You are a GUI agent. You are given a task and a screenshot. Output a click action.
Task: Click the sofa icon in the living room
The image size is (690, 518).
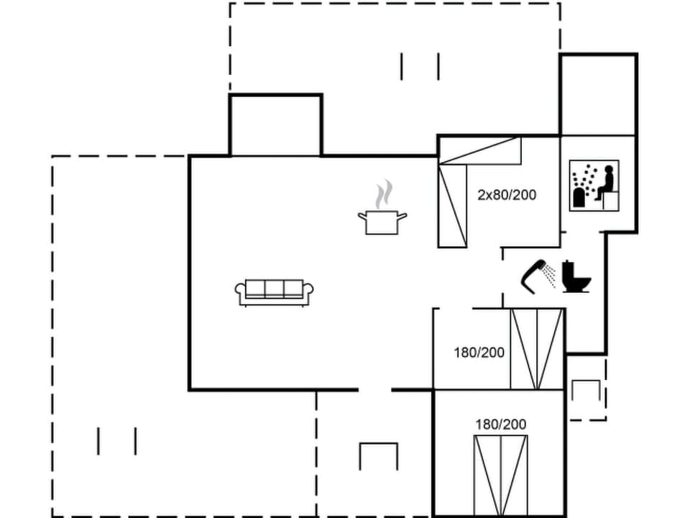(x=275, y=291)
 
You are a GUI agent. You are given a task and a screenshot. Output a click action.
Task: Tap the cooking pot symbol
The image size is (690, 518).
(x=382, y=222)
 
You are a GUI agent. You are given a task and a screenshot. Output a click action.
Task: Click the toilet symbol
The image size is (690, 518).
(x=576, y=277)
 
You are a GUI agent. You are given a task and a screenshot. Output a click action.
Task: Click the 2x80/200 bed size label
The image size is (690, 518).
(x=507, y=194)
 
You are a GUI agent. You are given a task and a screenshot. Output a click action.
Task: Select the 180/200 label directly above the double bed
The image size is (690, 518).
(x=500, y=424)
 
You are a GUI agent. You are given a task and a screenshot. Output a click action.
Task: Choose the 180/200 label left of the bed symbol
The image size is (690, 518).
(x=479, y=353)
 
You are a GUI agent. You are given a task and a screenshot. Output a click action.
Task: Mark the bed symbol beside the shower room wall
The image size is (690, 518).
(x=536, y=349)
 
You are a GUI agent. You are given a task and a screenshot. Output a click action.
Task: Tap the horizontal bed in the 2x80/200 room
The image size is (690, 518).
(x=479, y=151)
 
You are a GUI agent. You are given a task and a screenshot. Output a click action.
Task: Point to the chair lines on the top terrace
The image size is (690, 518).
(x=420, y=66)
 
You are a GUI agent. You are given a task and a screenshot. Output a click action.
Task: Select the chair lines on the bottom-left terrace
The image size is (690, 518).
(x=116, y=441)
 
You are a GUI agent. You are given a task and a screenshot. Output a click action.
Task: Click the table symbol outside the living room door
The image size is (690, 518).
(x=379, y=455)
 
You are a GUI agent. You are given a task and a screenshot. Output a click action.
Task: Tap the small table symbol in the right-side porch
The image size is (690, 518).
(x=585, y=391)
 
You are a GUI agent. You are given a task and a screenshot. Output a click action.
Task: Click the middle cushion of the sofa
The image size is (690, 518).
(x=275, y=288)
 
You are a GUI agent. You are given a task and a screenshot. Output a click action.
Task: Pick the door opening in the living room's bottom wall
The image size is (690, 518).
(x=374, y=390)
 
